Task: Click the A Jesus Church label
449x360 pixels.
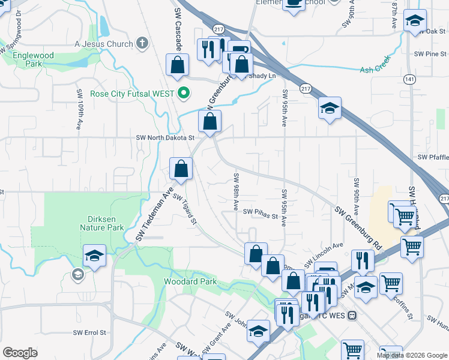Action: tap(103, 43)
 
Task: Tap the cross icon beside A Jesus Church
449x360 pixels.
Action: tap(142, 43)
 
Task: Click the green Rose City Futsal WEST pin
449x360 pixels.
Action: tap(184, 93)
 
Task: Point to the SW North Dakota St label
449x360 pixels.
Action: tap(165, 137)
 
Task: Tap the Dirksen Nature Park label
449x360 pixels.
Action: tap(102, 223)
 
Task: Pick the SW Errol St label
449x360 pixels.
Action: tap(89, 332)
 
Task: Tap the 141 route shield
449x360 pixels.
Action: tap(409, 79)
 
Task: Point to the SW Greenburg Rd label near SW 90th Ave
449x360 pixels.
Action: tap(358, 229)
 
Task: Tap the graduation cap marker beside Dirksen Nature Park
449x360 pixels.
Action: tap(94, 256)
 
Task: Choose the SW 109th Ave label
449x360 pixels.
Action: tap(79, 110)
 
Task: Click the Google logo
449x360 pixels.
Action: tap(20, 353)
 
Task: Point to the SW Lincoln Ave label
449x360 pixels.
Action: tap(328, 251)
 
